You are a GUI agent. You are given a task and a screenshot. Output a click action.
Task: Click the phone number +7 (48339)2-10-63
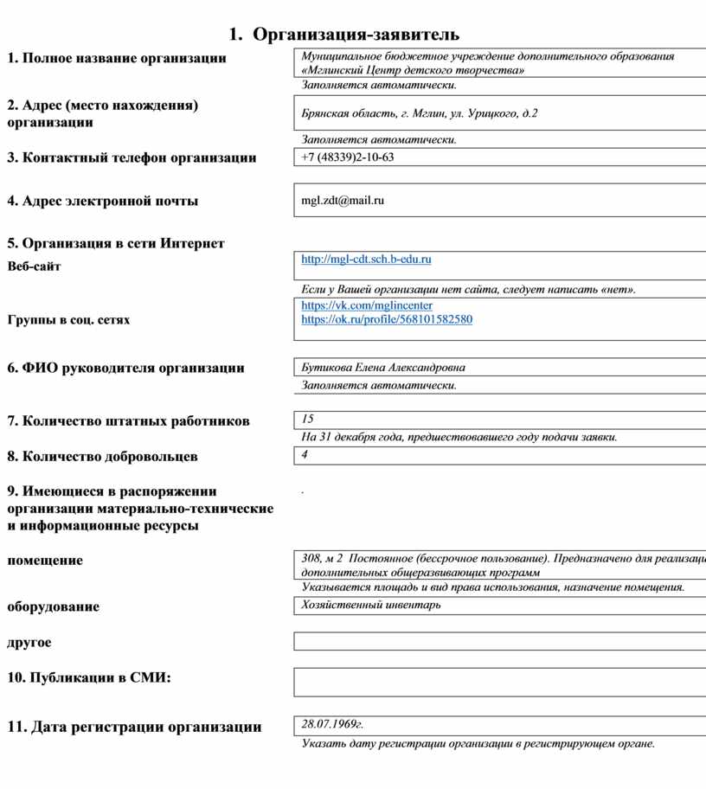tap(348, 157)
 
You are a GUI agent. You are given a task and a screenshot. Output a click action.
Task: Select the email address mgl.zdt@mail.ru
tap(343, 201)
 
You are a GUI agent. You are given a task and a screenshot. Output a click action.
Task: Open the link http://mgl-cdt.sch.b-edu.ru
tap(366, 259)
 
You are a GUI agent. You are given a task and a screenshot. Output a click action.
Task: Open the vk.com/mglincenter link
tap(367, 305)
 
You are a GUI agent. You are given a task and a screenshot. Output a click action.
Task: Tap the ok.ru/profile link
tap(387, 319)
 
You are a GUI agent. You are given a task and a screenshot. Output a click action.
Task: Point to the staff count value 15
tap(308, 420)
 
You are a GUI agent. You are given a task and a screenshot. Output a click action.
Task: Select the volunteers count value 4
tap(305, 454)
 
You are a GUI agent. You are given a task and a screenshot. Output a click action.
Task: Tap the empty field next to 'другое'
tap(499, 641)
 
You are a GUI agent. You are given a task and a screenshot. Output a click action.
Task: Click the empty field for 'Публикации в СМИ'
tap(499, 682)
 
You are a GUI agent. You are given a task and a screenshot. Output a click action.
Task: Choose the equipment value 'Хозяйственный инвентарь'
tap(371, 605)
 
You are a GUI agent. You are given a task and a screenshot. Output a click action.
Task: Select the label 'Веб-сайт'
tap(35, 266)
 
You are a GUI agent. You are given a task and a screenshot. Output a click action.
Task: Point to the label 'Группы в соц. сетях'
tap(68, 320)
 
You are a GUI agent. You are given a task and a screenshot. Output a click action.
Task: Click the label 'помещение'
tap(45, 561)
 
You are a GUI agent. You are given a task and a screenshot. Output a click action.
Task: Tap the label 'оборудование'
tap(53, 606)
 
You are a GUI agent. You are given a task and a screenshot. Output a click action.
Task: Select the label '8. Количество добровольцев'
tap(102, 456)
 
